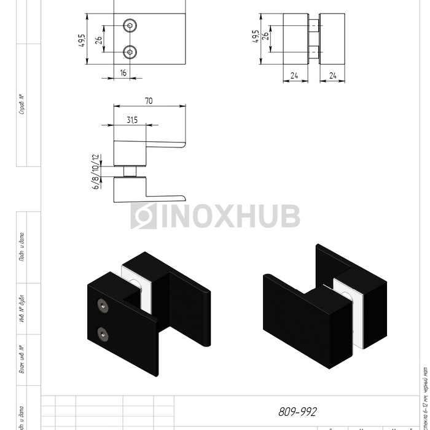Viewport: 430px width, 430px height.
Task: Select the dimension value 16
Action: pos(123,72)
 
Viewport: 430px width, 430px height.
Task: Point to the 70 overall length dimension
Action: pos(149,101)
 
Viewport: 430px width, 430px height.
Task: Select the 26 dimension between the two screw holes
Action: pos(99,42)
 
